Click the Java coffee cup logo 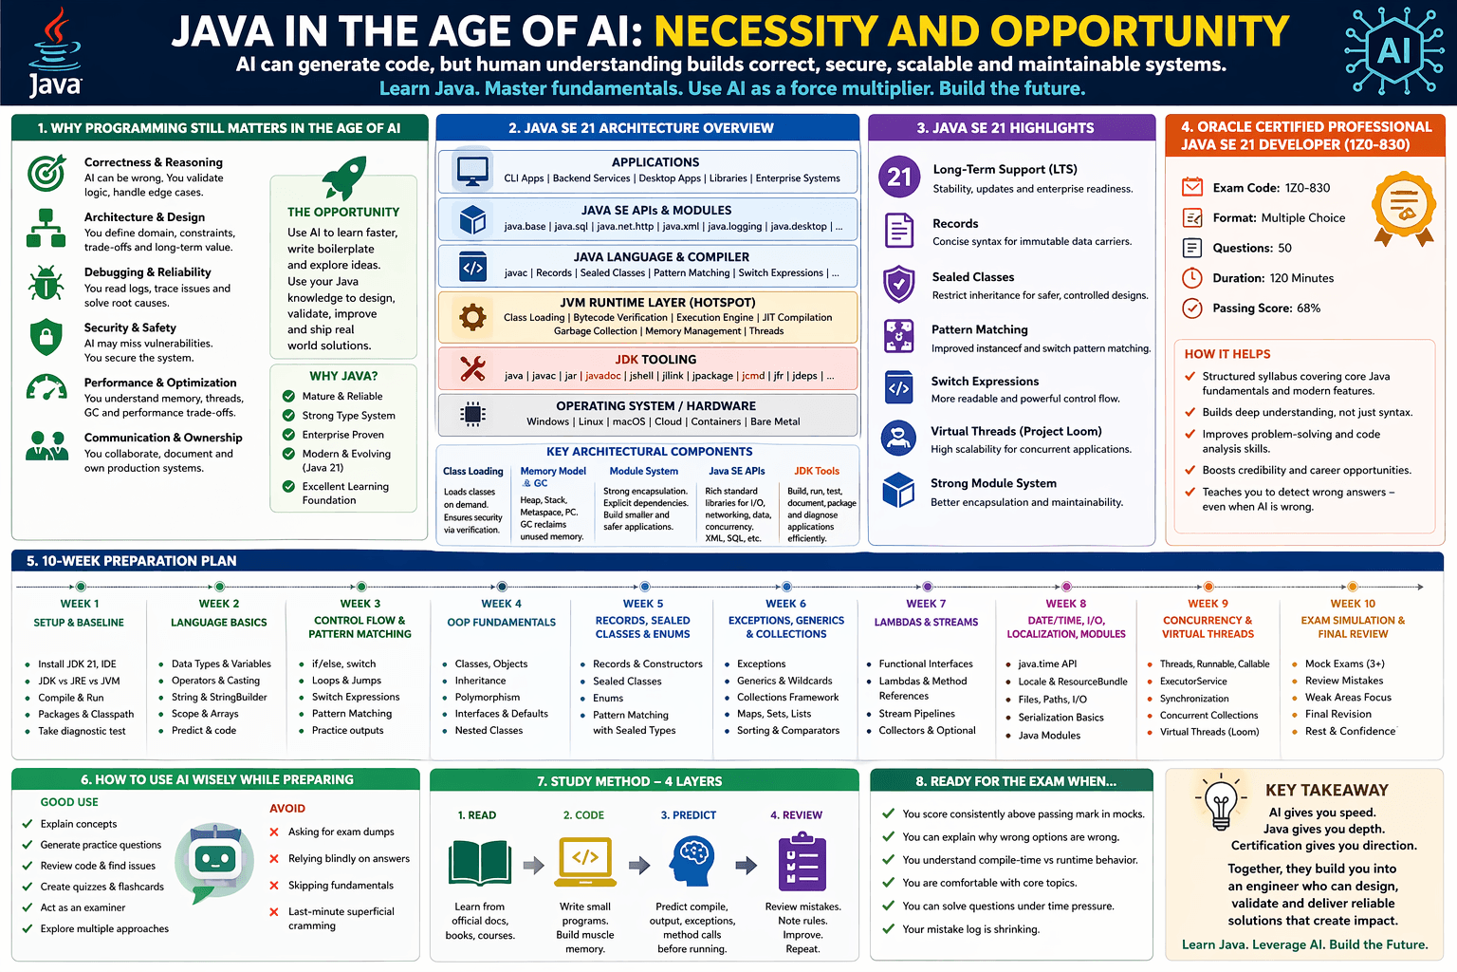click(x=55, y=52)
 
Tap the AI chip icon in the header click(x=1393, y=50)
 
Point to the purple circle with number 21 click(x=899, y=177)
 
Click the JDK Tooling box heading click(x=655, y=360)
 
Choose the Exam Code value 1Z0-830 click(x=1307, y=188)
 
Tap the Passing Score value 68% click(x=1308, y=308)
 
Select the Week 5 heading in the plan click(x=643, y=604)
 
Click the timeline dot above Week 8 click(x=1067, y=587)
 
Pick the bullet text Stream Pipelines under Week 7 click(x=916, y=714)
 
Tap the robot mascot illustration click(x=215, y=862)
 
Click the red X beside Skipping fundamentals click(x=274, y=886)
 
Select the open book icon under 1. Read click(x=480, y=863)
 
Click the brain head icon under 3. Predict click(x=692, y=862)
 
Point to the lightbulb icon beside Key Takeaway click(x=1221, y=803)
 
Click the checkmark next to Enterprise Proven click(x=288, y=435)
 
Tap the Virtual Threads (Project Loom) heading click(x=1016, y=431)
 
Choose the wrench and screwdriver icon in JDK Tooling click(x=472, y=367)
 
